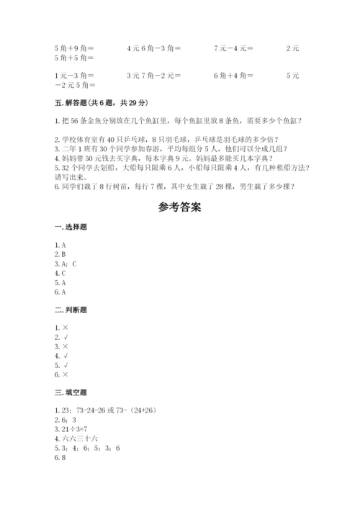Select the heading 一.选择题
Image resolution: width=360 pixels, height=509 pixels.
(x=71, y=228)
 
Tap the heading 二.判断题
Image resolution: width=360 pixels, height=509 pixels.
(x=71, y=310)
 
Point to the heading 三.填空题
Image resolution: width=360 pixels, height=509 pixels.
(x=71, y=392)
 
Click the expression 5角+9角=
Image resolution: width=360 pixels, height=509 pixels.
(x=74, y=48)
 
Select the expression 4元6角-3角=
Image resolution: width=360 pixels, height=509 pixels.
(x=153, y=48)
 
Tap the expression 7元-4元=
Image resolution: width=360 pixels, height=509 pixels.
(x=234, y=48)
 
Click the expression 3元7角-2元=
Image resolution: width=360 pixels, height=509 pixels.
(x=153, y=75)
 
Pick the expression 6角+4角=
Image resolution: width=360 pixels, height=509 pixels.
(x=234, y=75)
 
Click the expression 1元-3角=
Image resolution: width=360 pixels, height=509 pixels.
(x=74, y=75)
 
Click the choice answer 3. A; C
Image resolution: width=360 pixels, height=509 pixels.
(x=66, y=264)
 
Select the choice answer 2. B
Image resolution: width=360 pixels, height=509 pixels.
(x=60, y=255)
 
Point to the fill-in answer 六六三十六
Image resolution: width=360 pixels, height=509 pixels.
(x=75, y=438)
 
